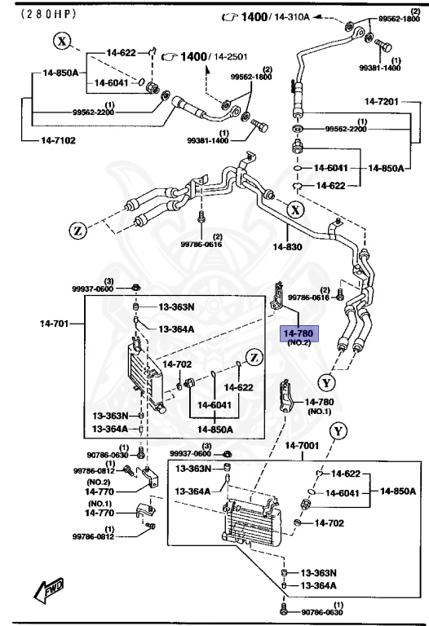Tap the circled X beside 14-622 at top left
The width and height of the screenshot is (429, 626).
(x=63, y=40)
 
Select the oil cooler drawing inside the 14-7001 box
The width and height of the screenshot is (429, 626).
(x=253, y=521)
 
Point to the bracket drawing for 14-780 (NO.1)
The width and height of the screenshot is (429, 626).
(x=288, y=399)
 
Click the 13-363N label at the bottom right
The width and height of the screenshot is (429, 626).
(x=321, y=573)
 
